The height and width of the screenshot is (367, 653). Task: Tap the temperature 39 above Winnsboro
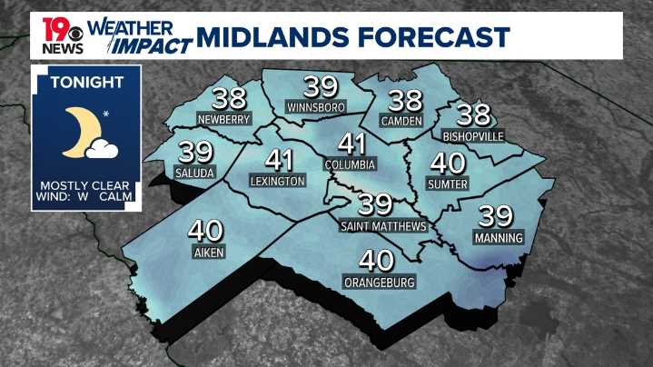coord(321,87)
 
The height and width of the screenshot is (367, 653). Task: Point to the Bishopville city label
coord(473,136)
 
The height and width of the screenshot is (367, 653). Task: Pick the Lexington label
coord(277,182)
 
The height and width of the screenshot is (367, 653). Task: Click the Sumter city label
coord(447,184)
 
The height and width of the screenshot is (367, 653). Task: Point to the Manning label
coord(499,238)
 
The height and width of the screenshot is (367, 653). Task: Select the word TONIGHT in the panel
coord(86,82)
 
